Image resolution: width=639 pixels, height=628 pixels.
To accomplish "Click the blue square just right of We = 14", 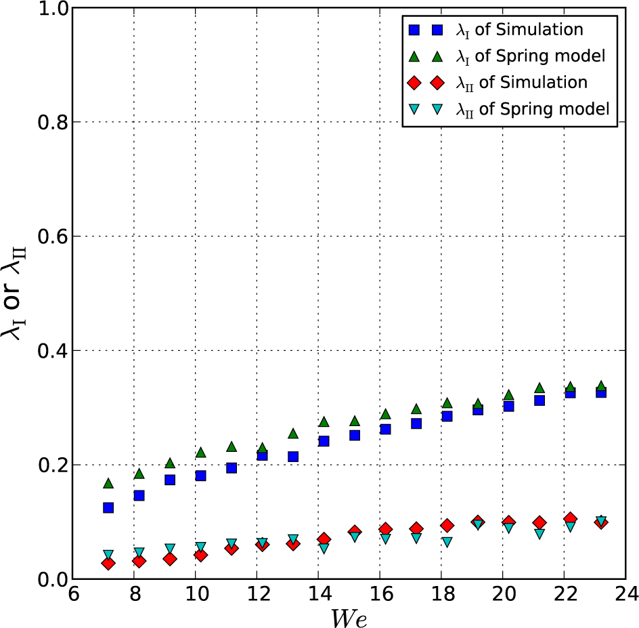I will coord(324,441).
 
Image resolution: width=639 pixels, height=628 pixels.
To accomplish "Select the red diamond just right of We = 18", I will coord(447,526).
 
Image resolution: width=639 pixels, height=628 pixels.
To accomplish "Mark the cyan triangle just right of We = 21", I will coord(539,534).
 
